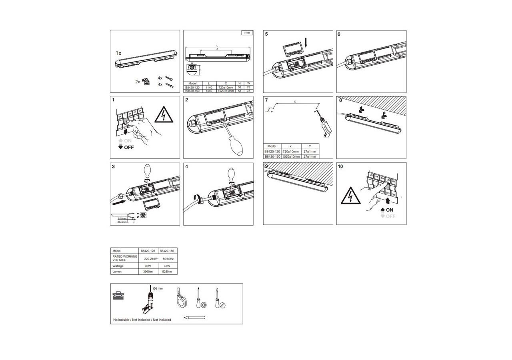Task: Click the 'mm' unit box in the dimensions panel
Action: click(x=247, y=33)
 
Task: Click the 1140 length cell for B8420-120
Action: click(x=208, y=87)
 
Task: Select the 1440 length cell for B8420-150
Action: click(x=208, y=91)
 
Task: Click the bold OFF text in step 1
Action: click(x=128, y=147)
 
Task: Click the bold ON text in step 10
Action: click(x=390, y=210)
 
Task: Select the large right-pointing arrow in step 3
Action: click(x=121, y=203)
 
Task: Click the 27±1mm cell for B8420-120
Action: click(x=310, y=152)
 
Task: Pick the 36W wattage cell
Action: click(x=148, y=266)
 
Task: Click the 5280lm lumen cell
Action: click(x=168, y=272)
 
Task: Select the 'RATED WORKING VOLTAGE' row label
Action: click(x=124, y=258)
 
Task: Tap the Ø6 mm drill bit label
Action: click(x=158, y=288)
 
